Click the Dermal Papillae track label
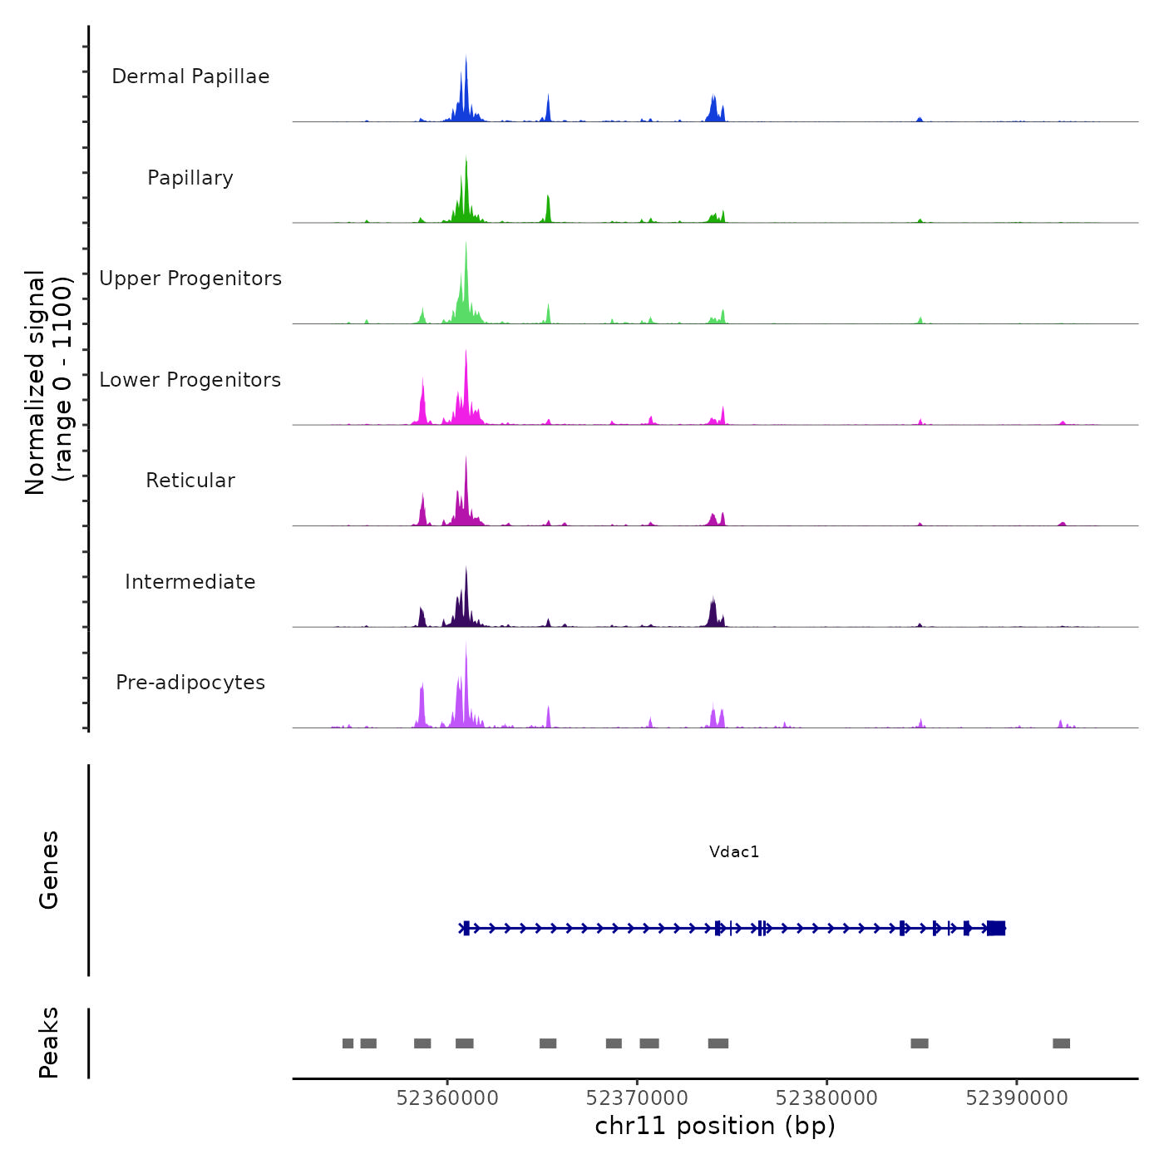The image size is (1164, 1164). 190,76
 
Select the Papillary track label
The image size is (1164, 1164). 190,178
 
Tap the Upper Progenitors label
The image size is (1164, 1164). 190,279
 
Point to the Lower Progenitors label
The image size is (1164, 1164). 190,380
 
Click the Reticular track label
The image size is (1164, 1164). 190,481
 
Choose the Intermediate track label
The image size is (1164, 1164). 190,582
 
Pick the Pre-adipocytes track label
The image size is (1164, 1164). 190,683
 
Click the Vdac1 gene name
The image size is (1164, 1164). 734,851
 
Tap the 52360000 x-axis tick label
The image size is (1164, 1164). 447,1098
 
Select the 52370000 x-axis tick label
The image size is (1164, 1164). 637,1098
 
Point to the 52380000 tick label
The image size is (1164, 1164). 826,1098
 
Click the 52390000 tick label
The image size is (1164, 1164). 1017,1098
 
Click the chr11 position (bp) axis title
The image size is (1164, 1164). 715,1127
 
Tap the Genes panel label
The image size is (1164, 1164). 49,869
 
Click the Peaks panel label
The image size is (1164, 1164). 49,1043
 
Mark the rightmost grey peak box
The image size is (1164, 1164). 1061,1043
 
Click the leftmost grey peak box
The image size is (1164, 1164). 348,1043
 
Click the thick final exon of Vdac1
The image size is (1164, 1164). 996,928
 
